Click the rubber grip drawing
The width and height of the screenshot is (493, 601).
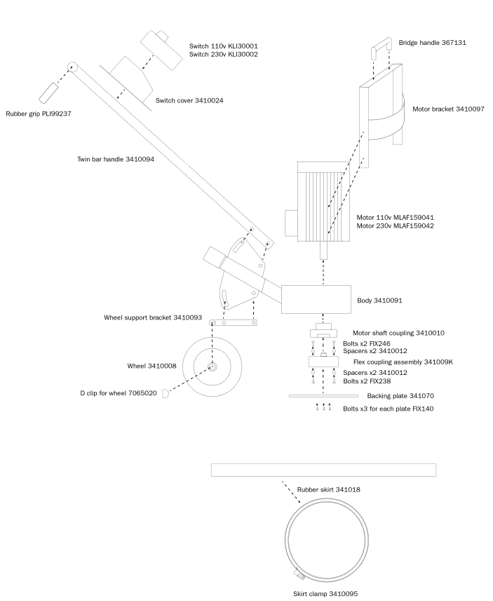[x=48, y=93]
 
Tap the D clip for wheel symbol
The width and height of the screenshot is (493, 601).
[x=166, y=394]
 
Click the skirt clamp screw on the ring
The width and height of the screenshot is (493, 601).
[x=299, y=574]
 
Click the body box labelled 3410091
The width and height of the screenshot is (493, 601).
[x=316, y=299]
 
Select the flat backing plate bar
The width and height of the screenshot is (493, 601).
[x=323, y=396]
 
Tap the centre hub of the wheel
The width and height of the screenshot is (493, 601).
[x=212, y=366]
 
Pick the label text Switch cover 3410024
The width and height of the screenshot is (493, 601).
[x=189, y=100]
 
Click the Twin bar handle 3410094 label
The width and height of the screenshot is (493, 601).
[x=116, y=159]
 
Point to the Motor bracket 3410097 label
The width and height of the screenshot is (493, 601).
[x=448, y=110]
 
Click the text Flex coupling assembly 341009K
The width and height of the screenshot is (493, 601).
[x=403, y=362]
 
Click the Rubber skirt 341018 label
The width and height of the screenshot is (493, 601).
[x=328, y=489]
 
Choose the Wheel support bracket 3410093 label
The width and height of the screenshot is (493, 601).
[x=153, y=318]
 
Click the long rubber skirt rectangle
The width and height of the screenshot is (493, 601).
[x=323, y=470]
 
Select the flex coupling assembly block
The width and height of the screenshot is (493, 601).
[x=323, y=362]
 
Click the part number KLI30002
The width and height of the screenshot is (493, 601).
[x=243, y=55]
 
